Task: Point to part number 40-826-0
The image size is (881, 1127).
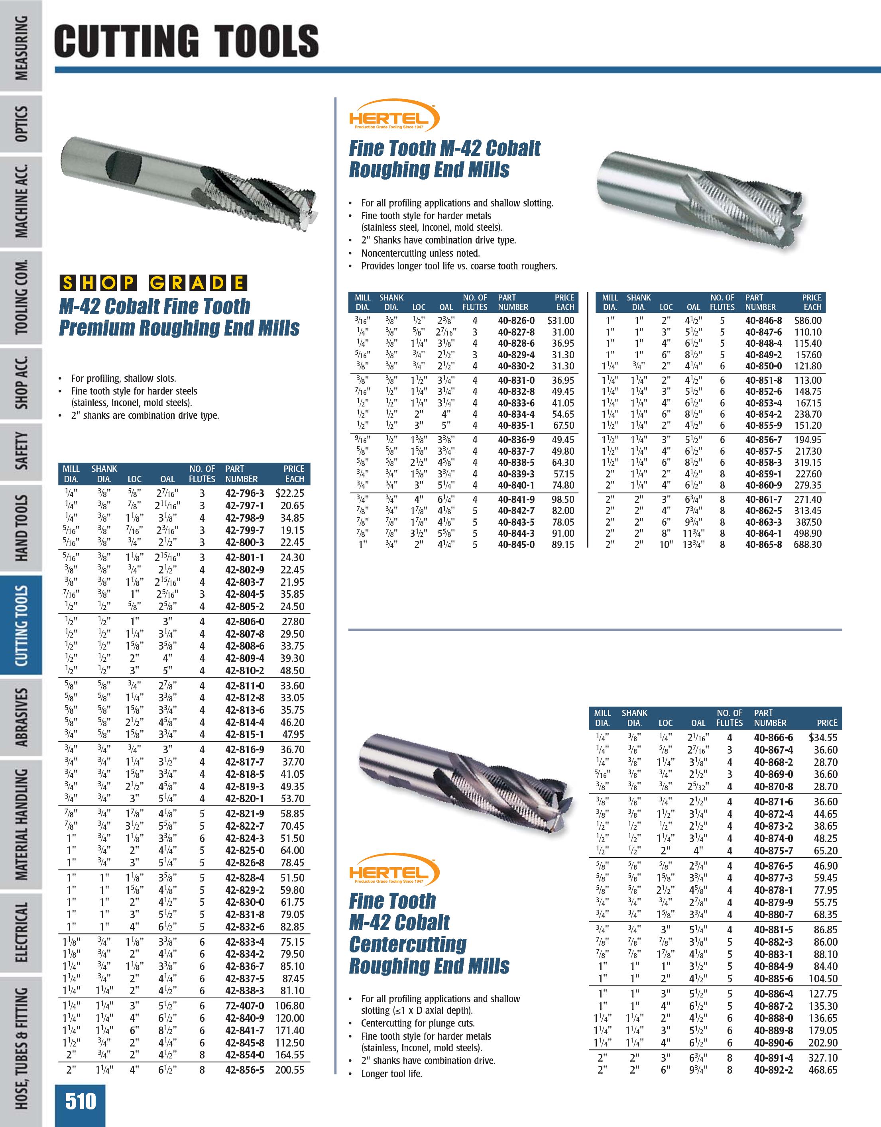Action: pyautogui.click(x=516, y=320)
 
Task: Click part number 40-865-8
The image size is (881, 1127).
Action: pyautogui.click(x=763, y=544)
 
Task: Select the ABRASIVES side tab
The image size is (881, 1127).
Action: pyautogui.click(x=21, y=717)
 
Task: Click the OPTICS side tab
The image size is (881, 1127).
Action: pyautogui.click(x=21, y=124)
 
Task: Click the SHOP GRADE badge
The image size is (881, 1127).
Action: pyautogui.click(x=153, y=283)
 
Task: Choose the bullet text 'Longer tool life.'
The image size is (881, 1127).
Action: pyautogui.click(x=391, y=1074)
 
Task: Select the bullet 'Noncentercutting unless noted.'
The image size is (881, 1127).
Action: pyautogui.click(x=420, y=253)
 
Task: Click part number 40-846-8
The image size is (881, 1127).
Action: pyautogui.click(x=763, y=320)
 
